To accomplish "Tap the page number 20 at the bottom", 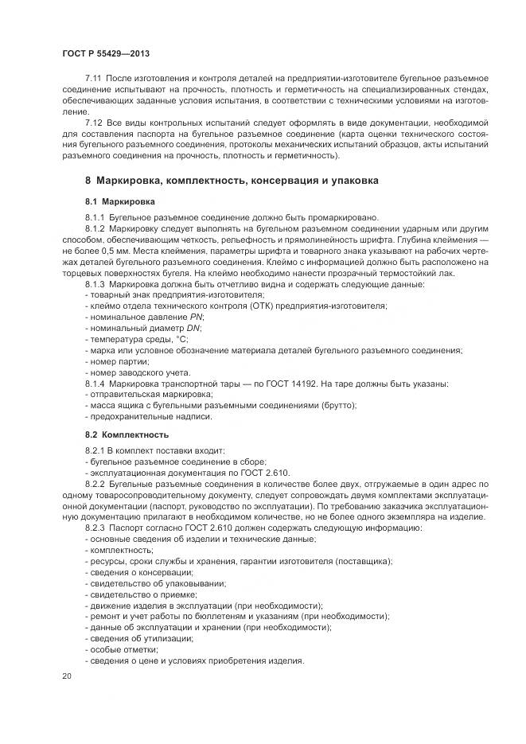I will [x=66, y=676].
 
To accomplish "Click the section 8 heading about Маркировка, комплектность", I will [x=232, y=181].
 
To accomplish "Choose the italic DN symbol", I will [x=193, y=328].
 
